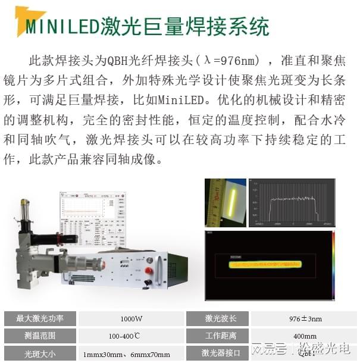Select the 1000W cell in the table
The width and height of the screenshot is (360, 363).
131,318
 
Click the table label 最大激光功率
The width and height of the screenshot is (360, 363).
39,318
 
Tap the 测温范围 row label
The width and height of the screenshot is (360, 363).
39,336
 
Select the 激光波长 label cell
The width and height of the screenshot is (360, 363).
217,318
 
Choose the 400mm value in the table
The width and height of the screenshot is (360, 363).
305,336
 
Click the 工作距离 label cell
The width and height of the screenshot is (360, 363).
217,336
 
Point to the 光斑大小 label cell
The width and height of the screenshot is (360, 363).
39,353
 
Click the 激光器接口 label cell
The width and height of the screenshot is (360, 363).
217,353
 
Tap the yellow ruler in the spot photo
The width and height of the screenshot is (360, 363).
214,202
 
